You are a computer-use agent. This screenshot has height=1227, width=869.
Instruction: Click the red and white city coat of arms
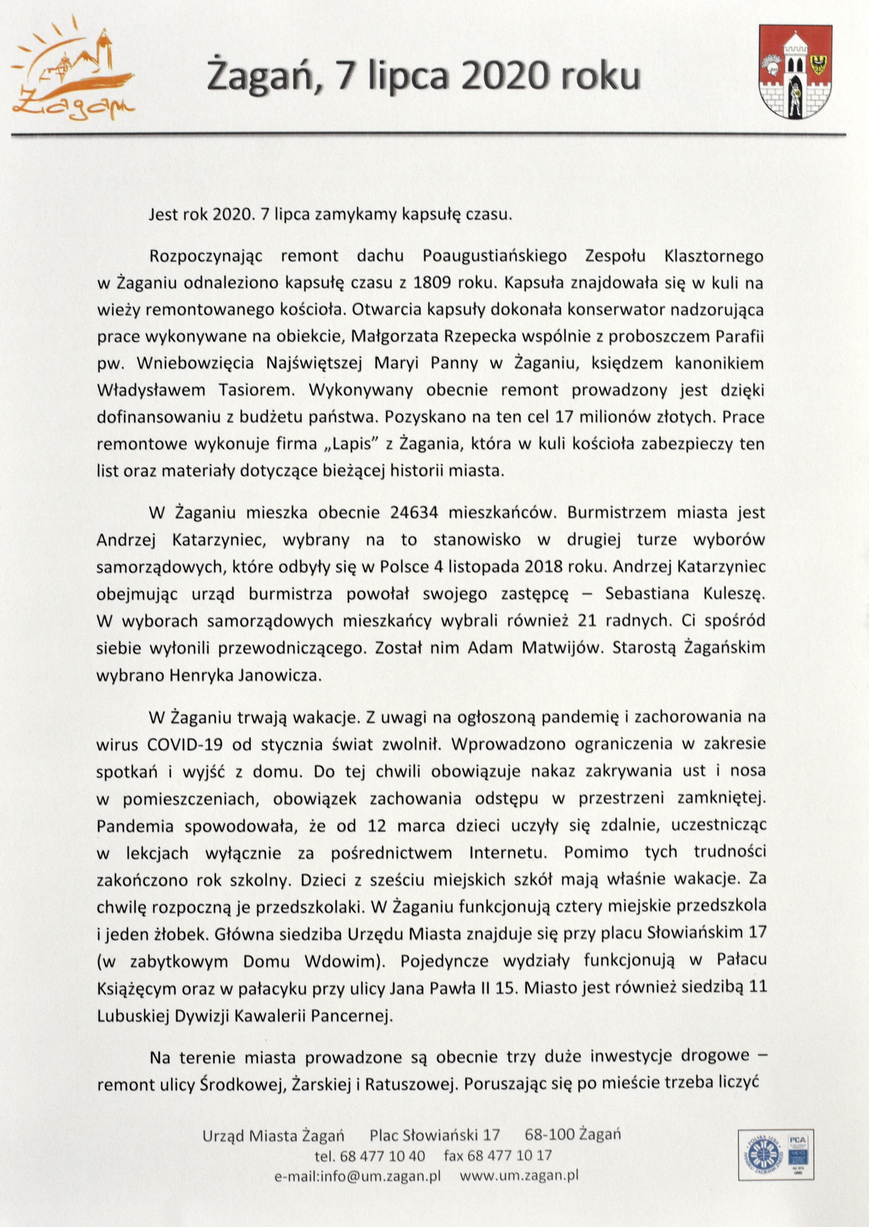click(x=795, y=71)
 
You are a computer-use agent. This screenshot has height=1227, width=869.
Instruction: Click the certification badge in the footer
click(x=775, y=1154)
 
